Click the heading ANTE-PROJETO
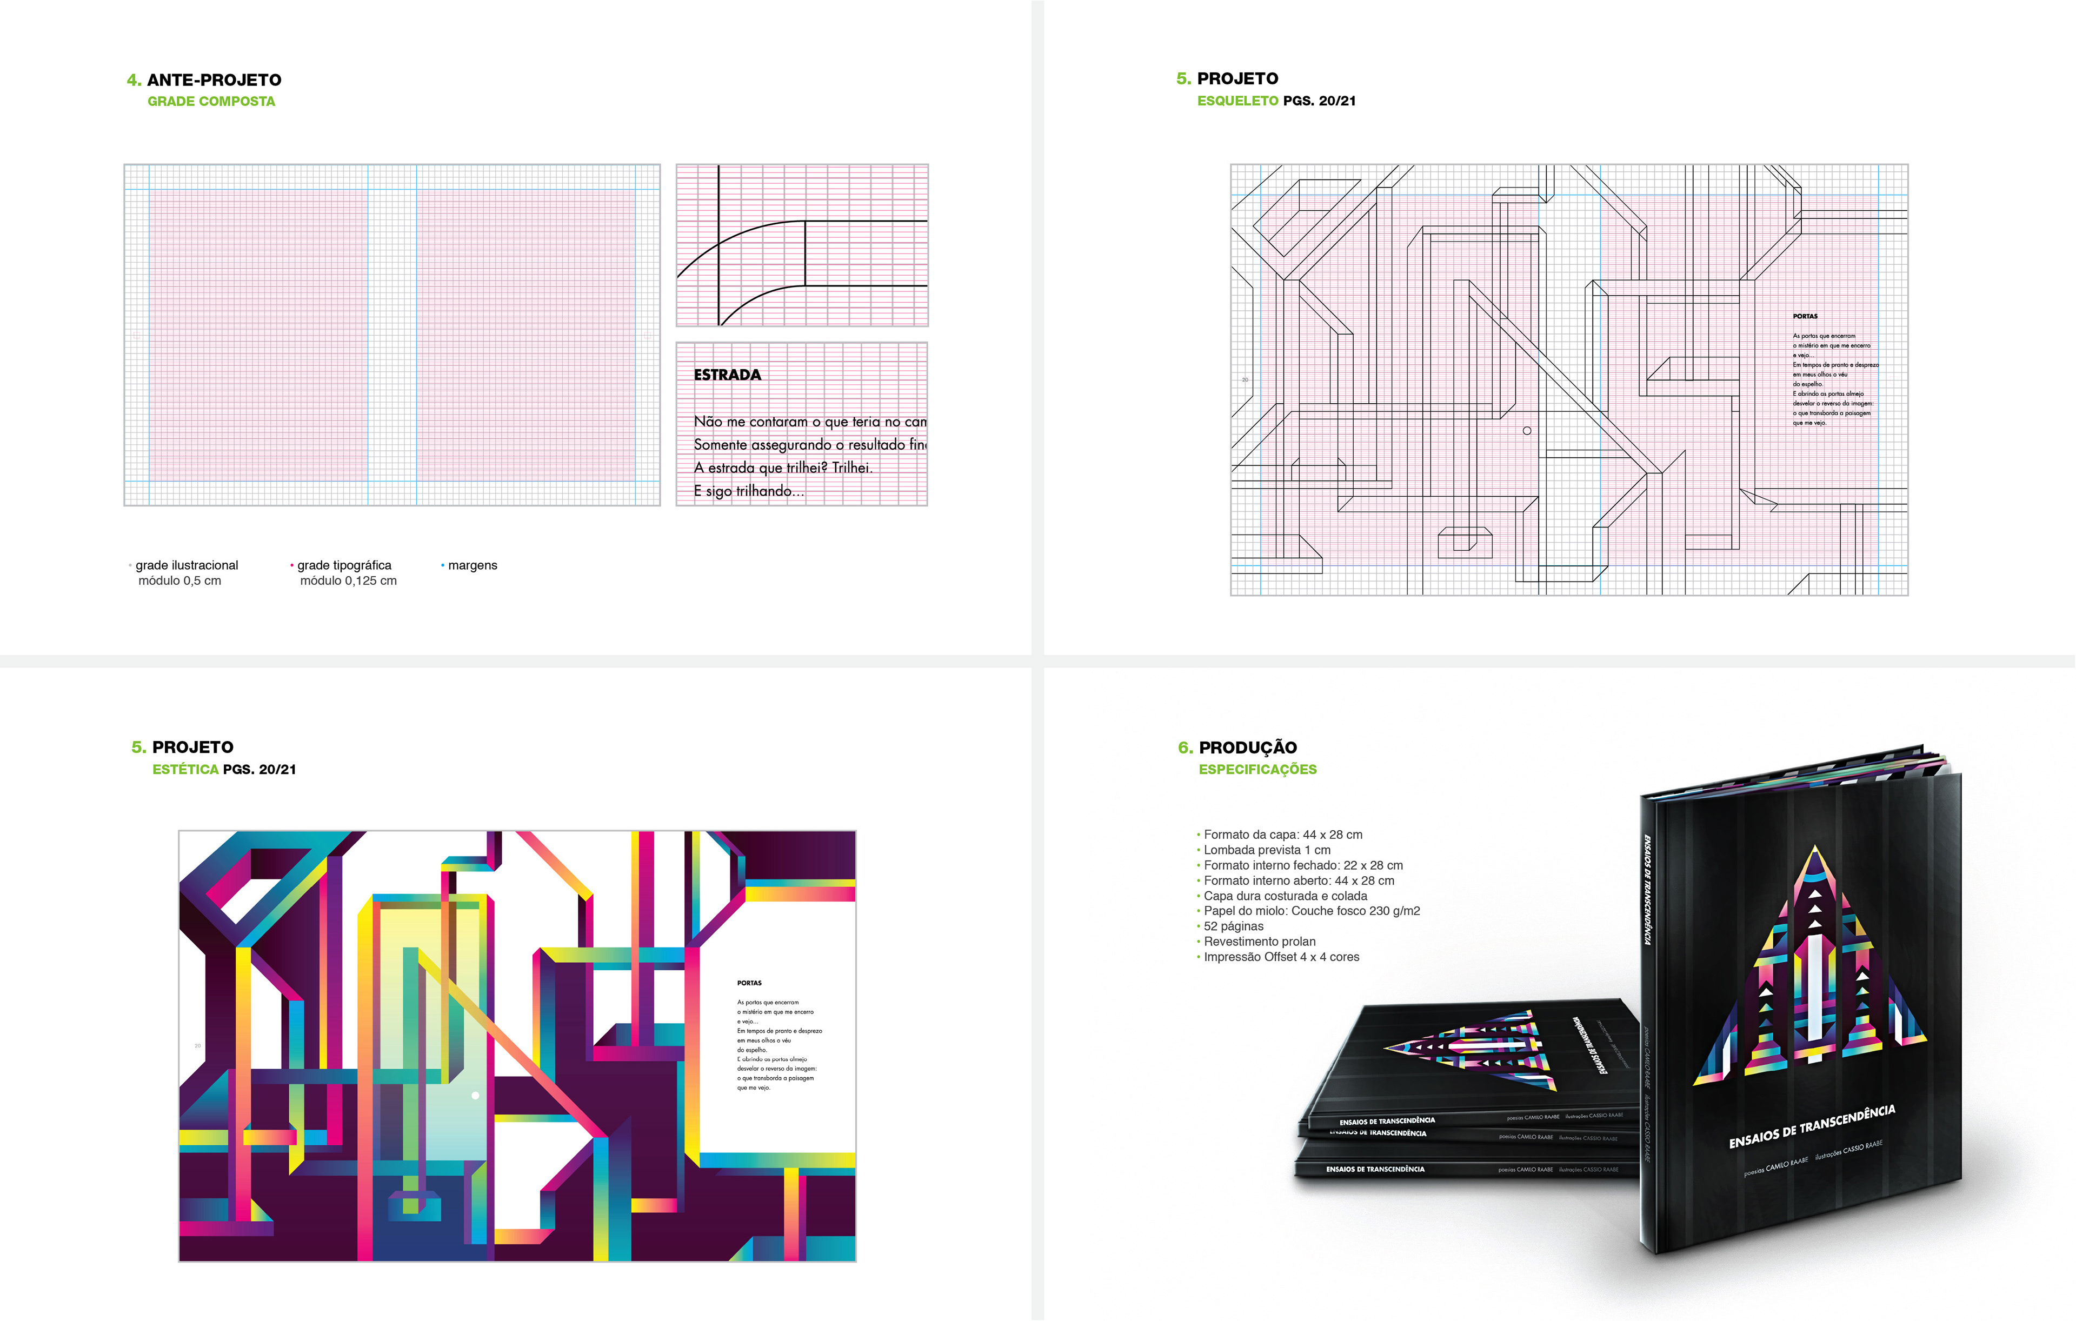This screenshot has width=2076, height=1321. pyautogui.click(x=214, y=80)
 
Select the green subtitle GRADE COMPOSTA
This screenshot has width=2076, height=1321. pyautogui.click(x=211, y=102)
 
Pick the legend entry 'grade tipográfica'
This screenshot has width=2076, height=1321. pyautogui.click(x=344, y=565)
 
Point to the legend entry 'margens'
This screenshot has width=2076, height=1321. pyautogui.click(x=473, y=565)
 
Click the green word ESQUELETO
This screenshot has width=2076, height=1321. pyautogui.click(x=1237, y=101)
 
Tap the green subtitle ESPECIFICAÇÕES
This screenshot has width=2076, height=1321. pyautogui.click(x=1257, y=770)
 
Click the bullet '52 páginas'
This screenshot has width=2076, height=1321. pyautogui.click(x=1233, y=926)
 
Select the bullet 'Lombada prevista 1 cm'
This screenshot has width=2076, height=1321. pyautogui.click(x=1267, y=850)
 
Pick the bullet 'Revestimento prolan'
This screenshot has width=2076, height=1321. pyautogui.click(x=1260, y=942)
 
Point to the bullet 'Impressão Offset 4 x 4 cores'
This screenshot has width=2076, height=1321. pyautogui.click(x=1281, y=957)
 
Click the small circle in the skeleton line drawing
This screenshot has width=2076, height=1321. pyautogui.click(x=1527, y=431)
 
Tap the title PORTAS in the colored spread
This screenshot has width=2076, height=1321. pyautogui.click(x=749, y=983)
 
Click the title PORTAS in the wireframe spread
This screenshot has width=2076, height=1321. pyautogui.click(x=1805, y=316)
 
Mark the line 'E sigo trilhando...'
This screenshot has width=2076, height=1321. pyautogui.click(x=748, y=491)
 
